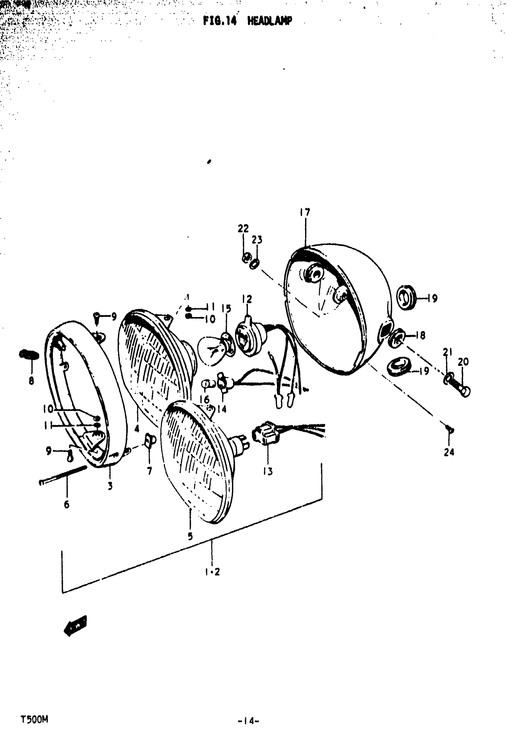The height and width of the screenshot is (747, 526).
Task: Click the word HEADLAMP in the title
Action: (269, 21)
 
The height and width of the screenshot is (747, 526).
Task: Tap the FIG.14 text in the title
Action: (220, 21)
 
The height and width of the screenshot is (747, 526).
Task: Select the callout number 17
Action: (305, 212)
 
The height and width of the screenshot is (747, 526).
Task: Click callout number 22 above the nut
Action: (243, 228)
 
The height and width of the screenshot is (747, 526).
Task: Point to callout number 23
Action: (257, 240)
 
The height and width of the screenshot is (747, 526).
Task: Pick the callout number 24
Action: (449, 452)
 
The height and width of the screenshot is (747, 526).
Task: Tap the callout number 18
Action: (420, 335)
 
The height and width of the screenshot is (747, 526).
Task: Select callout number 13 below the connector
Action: (268, 471)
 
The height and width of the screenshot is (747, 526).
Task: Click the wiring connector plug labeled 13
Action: (265, 433)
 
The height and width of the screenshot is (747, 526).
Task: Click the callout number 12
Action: (247, 299)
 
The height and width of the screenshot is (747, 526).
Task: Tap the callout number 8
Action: (31, 380)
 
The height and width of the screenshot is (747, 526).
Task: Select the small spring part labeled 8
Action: (29, 354)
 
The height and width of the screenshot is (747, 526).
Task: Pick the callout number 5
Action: (190, 536)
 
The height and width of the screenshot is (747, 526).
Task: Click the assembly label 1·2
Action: (213, 572)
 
